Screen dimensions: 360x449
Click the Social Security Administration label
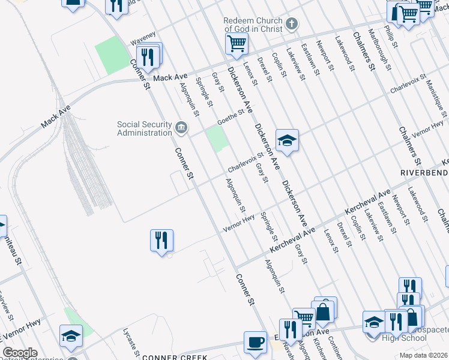coord(145,128)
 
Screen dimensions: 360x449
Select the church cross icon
coord(291,25)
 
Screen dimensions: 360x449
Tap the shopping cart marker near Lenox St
coord(237,43)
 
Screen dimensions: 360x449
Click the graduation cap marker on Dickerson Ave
coord(287,140)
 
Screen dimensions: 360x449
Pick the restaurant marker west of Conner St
coord(161,241)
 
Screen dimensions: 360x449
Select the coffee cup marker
coord(255,342)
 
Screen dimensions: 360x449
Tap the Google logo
coord(20,353)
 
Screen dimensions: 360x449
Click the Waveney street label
coord(143,38)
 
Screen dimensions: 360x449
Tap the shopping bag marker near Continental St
coord(322,311)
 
